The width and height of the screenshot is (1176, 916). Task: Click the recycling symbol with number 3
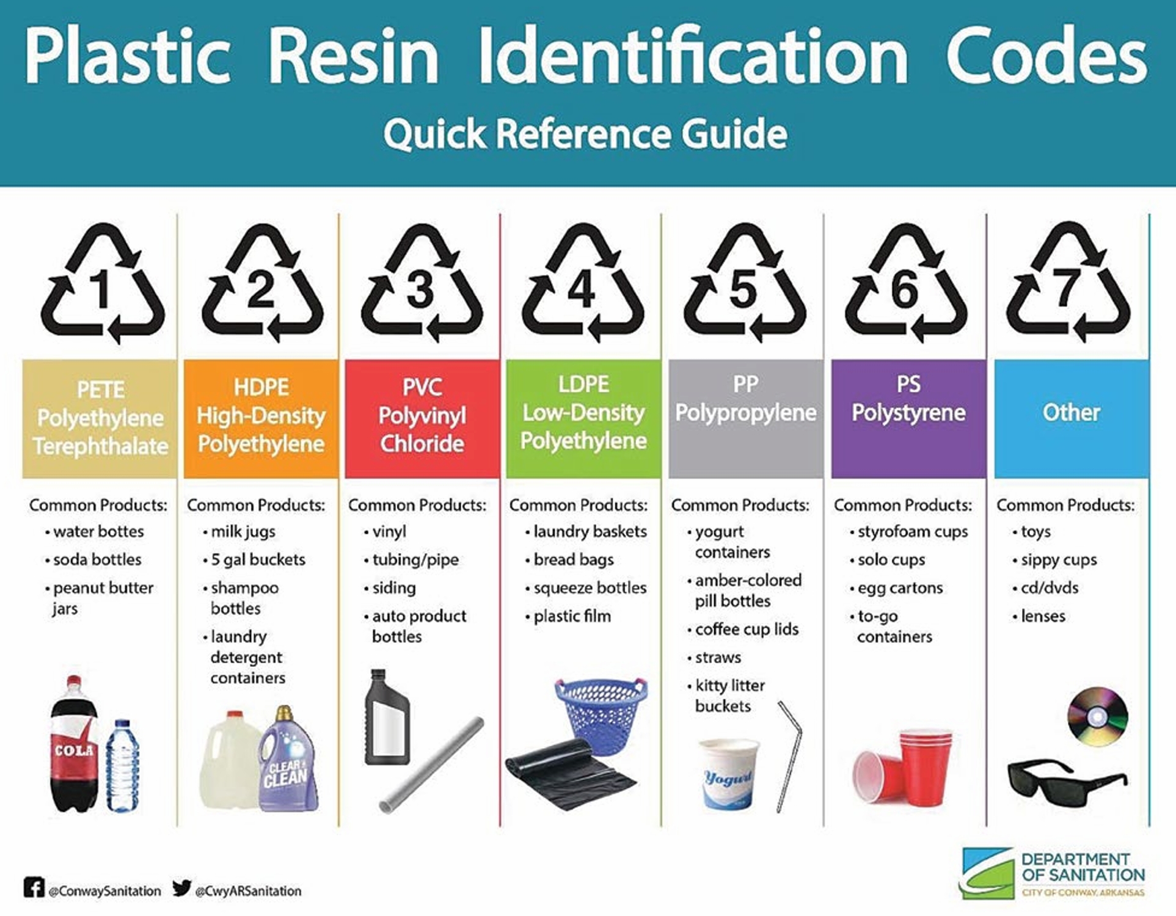(x=422, y=284)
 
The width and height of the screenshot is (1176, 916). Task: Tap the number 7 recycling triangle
(x=1068, y=284)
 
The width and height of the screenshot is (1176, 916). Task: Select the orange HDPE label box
(x=261, y=418)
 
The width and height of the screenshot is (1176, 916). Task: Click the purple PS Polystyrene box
(x=908, y=418)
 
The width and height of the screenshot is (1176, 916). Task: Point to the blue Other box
(x=1071, y=418)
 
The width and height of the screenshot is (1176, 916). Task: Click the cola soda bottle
(x=73, y=745)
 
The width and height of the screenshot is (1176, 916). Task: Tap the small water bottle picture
(x=122, y=766)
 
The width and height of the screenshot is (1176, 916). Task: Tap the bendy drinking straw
(x=791, y=757)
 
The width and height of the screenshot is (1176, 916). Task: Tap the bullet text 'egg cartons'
(x=900, y=588)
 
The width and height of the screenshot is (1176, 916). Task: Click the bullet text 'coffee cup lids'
(x=747, y=630)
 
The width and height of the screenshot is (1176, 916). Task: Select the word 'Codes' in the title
(x=1046, y=56)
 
